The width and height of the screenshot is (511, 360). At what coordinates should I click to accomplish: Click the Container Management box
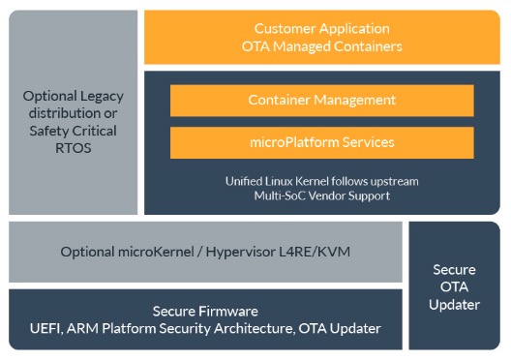(321, 101)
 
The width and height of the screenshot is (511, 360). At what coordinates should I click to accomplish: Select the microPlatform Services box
(321, 142)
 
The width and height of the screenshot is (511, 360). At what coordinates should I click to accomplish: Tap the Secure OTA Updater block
(454, 285)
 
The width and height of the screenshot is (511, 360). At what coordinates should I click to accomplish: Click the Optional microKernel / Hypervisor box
(205, 252)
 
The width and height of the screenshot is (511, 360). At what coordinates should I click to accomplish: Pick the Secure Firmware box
(205, 319)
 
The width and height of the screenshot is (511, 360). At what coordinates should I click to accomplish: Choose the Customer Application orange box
(321, 37)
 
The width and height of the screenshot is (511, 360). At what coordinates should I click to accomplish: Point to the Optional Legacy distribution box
(73, 111)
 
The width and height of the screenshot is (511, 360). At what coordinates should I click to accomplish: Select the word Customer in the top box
(283, 28)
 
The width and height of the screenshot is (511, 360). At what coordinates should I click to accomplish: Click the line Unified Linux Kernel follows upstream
(321, 181)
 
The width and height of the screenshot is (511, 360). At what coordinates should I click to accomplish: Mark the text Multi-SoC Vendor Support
(321, 196)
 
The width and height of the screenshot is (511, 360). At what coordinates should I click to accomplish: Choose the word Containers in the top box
(357, 46)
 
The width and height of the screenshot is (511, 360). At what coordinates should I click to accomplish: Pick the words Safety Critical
(73, 131)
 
